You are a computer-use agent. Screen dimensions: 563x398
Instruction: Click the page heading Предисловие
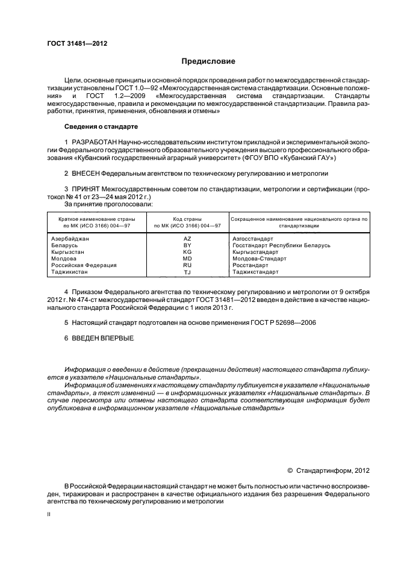(x=208, y=61)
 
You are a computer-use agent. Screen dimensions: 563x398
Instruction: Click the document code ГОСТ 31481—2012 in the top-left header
(x=73, y=43)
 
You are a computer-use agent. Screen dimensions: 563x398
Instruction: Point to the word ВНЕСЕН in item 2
(x=84, y=173)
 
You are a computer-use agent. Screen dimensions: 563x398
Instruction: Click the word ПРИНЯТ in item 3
(x=85, y=189)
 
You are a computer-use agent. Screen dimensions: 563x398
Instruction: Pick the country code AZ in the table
(x=187, y=239)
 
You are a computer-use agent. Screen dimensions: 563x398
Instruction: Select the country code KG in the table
(x=187, y=252)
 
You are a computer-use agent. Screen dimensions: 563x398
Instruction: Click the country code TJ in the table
(x=187, y=272)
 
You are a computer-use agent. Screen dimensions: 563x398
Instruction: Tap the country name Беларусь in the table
(x=64, y=245)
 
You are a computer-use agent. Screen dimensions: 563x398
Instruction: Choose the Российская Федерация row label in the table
(x=84, y=265)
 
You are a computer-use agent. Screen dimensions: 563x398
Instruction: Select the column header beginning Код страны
(x=187, y=219)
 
